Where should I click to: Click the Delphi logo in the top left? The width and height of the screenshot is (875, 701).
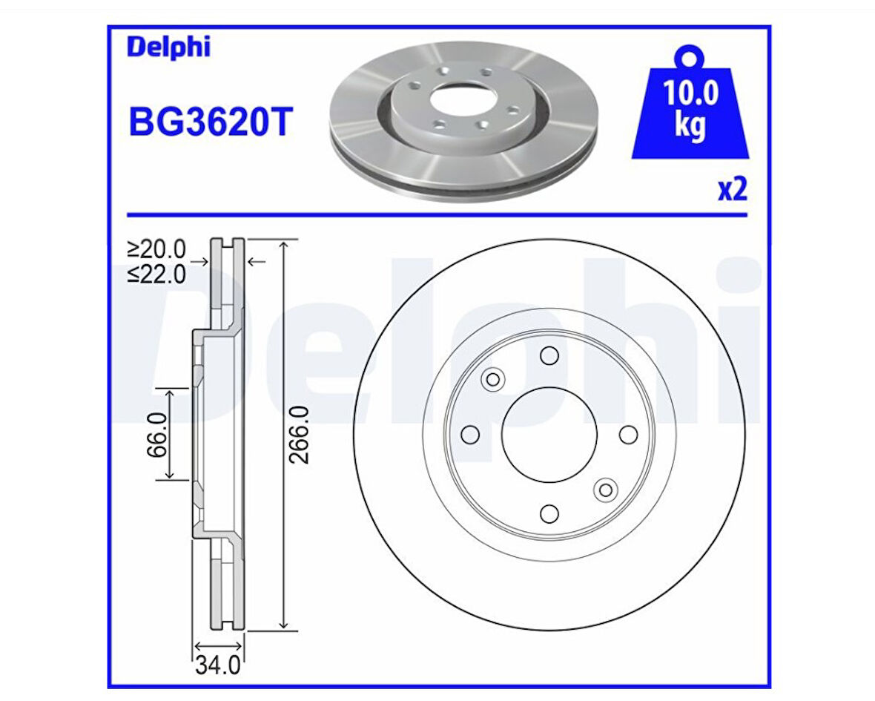168,47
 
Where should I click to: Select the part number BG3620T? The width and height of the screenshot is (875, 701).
211,122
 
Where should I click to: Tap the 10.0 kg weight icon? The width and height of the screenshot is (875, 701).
690,111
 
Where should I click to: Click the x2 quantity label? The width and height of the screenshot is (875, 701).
732,190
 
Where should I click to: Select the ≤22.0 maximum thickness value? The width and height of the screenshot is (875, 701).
156,274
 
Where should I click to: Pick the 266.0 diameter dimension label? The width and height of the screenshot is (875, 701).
298,435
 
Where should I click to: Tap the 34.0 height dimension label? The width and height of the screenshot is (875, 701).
218,666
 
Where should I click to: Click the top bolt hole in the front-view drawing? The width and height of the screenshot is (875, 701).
549,355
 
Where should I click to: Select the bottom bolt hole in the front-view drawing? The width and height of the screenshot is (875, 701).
549,513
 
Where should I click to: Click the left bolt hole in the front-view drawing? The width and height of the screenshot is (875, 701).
470,435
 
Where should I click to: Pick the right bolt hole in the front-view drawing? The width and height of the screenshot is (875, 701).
628,435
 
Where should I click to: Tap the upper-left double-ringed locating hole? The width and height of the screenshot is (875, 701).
492,380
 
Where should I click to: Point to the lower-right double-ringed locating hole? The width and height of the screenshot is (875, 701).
606,490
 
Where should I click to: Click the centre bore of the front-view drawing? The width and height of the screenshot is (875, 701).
549,435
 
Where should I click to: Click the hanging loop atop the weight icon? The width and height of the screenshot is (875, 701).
690,56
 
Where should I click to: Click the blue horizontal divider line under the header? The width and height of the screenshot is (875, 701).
437,215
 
